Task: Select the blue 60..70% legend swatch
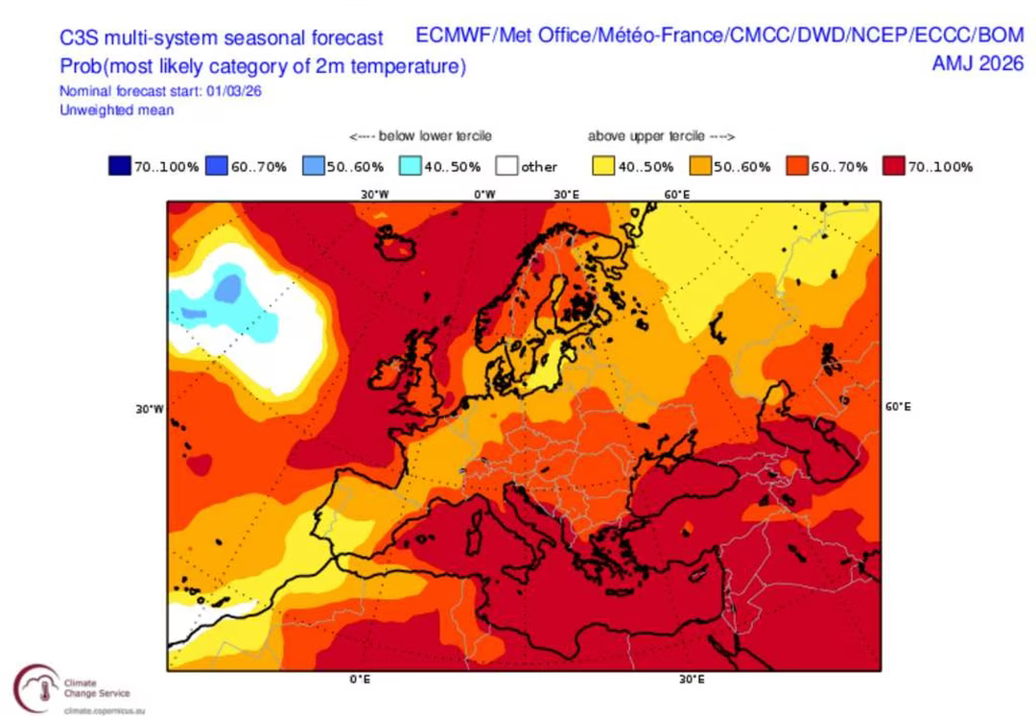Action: click(x=216, y=167)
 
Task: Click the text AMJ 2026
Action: click(x=977, y=64)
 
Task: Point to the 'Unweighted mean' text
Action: click(x=116, y=110)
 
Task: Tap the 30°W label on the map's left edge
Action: click(x=150, y=409)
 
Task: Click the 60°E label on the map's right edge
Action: click(x=897, y=407)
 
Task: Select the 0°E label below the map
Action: click(x=360, y=680)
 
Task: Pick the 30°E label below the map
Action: click(x=692, y=680)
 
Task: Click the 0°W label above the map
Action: click(x=483, y=194)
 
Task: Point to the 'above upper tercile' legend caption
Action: click(x=661, y=137)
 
